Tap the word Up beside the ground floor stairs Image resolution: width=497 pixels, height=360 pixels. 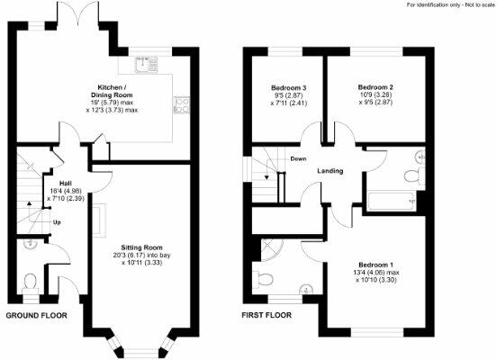pos(57,221)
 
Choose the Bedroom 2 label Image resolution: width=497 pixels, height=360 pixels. pos(375,88)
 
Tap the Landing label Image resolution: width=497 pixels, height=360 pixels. pos(330,171)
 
